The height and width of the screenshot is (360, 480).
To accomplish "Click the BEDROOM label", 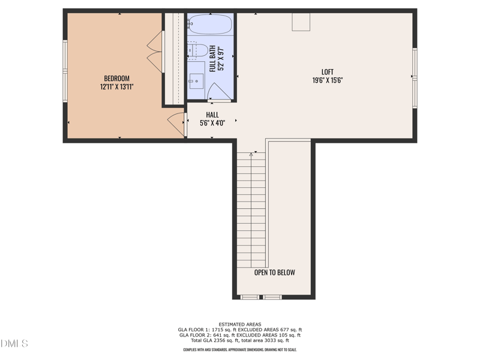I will pyautogui.click(x=116, y=79).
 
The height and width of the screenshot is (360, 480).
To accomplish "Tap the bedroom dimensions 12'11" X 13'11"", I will pyautogui.click(x=116, y=87).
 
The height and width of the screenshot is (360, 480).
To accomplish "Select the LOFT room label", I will pyautogui.click(x=328, y=72).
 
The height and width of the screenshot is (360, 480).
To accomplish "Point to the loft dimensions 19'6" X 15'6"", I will pyautogui.click(x=328, y=80).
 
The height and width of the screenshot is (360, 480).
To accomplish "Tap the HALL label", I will pyautogui.click(x=212, y=115).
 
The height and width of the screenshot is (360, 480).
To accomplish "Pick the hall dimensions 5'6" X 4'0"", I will pyautogui.click(x=212, y=123).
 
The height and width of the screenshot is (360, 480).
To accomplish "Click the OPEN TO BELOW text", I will pyautogui.click(x=275, y=272).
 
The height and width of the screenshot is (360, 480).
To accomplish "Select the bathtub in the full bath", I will pyautogui.click(x=209, y=25).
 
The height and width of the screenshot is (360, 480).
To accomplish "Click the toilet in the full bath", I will pyautogui.click(x=197, y=50).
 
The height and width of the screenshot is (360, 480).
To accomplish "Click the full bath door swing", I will pyautogui.click(x=217, y=92).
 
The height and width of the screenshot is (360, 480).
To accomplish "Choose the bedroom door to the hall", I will pyautogui.click(x=176, y=122).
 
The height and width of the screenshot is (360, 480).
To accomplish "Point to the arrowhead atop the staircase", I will pyautogui.click(x=251, y=154).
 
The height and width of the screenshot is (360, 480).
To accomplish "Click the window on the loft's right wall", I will pyautogui.click(x=415, y=78).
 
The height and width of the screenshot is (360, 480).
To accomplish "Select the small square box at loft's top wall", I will pyautogui.click(x=301, y=22).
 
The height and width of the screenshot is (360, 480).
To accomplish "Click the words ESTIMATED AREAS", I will pyautogui.click(x=240, y=325).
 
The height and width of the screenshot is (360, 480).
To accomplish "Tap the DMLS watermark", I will pyautogui.click(x=14, y=344).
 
